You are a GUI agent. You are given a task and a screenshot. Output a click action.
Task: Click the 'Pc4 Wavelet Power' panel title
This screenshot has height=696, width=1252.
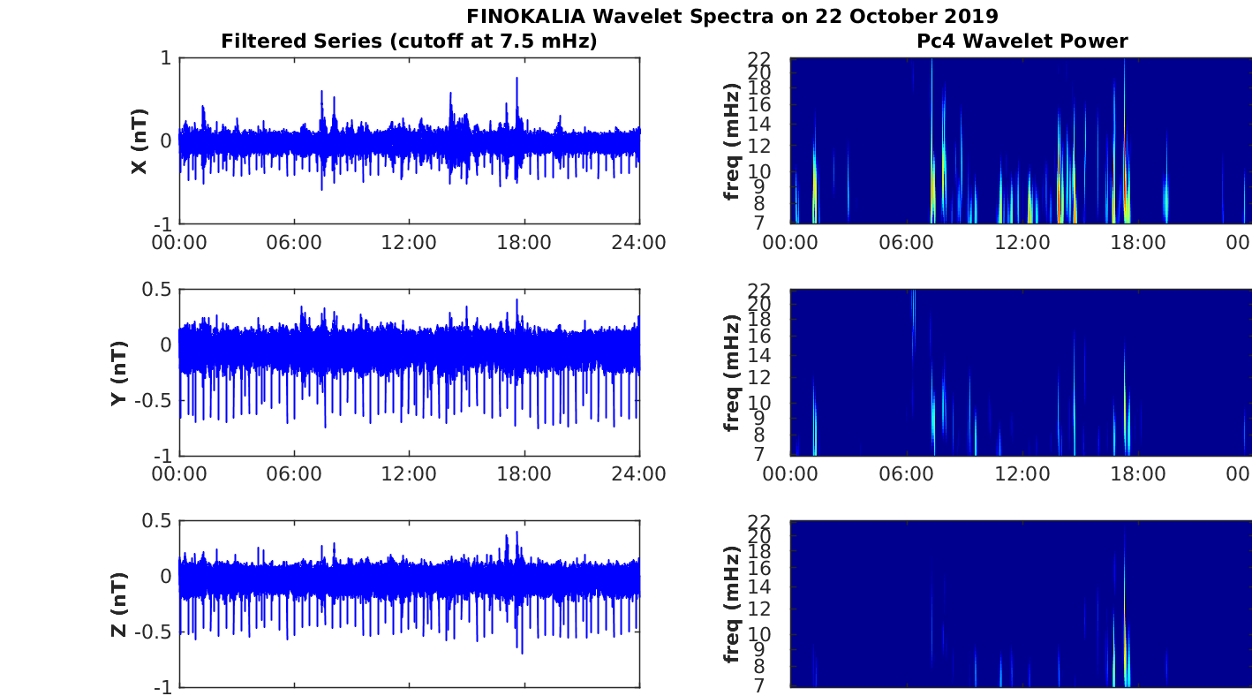1022,41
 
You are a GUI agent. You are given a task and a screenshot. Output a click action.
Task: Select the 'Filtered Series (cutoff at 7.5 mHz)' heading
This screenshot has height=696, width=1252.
409,41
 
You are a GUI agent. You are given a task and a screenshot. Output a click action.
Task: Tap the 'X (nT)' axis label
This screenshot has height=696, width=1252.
139,141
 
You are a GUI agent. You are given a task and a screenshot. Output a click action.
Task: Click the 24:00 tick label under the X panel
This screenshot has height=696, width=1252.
639,243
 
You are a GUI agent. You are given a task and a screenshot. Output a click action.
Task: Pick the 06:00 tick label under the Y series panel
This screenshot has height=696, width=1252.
294,474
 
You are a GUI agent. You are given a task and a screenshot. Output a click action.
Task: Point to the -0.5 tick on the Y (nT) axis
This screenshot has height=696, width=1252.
155,400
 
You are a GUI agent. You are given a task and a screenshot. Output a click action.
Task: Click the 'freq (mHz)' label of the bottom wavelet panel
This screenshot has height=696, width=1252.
731,604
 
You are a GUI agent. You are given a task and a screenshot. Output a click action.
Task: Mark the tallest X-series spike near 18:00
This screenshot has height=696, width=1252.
517,79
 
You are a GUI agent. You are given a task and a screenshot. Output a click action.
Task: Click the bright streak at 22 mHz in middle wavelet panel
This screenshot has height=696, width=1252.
913,300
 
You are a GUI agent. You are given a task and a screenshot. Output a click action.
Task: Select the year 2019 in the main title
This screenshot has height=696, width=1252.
973,16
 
